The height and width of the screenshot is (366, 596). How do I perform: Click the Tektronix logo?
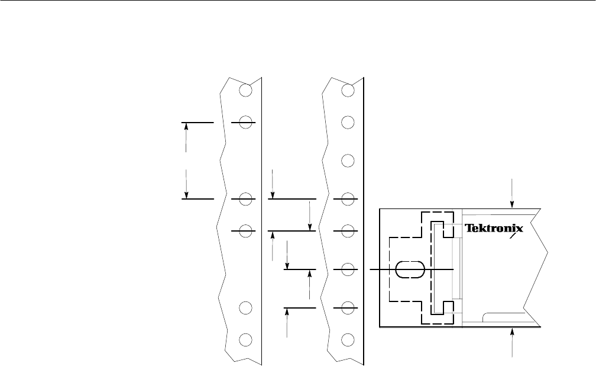pos(494,228)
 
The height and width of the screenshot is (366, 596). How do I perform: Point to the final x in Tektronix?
pos(519,229)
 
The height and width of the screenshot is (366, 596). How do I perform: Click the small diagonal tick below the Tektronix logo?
pos(516,236)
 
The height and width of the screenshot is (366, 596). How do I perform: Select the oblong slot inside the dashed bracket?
pos(410,269)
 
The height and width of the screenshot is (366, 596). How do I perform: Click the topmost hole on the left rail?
pos(245,90)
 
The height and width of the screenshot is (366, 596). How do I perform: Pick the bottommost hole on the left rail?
pos(245,339)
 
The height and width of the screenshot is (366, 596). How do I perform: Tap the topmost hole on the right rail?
pos(348,90)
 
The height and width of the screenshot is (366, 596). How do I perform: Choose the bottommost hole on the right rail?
pos(348,339)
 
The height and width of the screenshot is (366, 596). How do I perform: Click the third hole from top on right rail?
pos(348,160)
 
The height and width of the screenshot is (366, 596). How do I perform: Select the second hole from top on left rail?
pos(245,122)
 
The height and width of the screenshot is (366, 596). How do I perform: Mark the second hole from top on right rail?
pos(348,122)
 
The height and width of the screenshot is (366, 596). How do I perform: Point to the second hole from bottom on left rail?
pos(245,307)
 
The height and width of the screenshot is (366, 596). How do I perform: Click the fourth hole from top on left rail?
pos(245,231)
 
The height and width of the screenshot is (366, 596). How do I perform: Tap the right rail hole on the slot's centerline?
pos(348,269)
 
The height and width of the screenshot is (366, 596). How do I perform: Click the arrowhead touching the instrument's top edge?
pos(512,204)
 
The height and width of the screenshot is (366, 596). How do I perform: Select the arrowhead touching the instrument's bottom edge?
pos(512,332)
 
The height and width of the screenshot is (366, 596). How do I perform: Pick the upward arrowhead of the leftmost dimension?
pos(186,127)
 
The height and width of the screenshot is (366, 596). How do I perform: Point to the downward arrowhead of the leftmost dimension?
pos(186,194)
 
